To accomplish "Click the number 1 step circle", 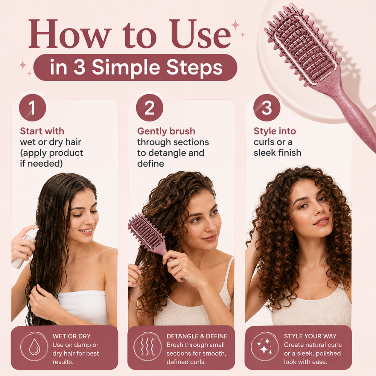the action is coord(32,108).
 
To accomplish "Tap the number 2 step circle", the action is coord(149,108).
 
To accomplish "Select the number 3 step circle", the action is coord(267,108).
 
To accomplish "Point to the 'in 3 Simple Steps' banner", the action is coord(135,67).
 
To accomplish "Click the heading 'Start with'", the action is coord(42,131).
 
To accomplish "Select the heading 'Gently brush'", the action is coord(166,131).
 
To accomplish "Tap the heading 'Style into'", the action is coord(275,131).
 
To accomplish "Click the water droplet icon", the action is coord(35,347).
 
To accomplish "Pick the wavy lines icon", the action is coord(147,347).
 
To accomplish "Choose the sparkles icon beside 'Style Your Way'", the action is coord(265,346).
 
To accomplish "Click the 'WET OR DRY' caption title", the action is coord(71,336).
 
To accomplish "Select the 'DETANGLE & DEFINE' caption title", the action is coord(197,336).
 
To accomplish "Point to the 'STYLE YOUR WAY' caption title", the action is coord(310,336).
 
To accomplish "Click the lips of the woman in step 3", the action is coord(321,221).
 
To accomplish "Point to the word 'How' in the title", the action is coord(70,34).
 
